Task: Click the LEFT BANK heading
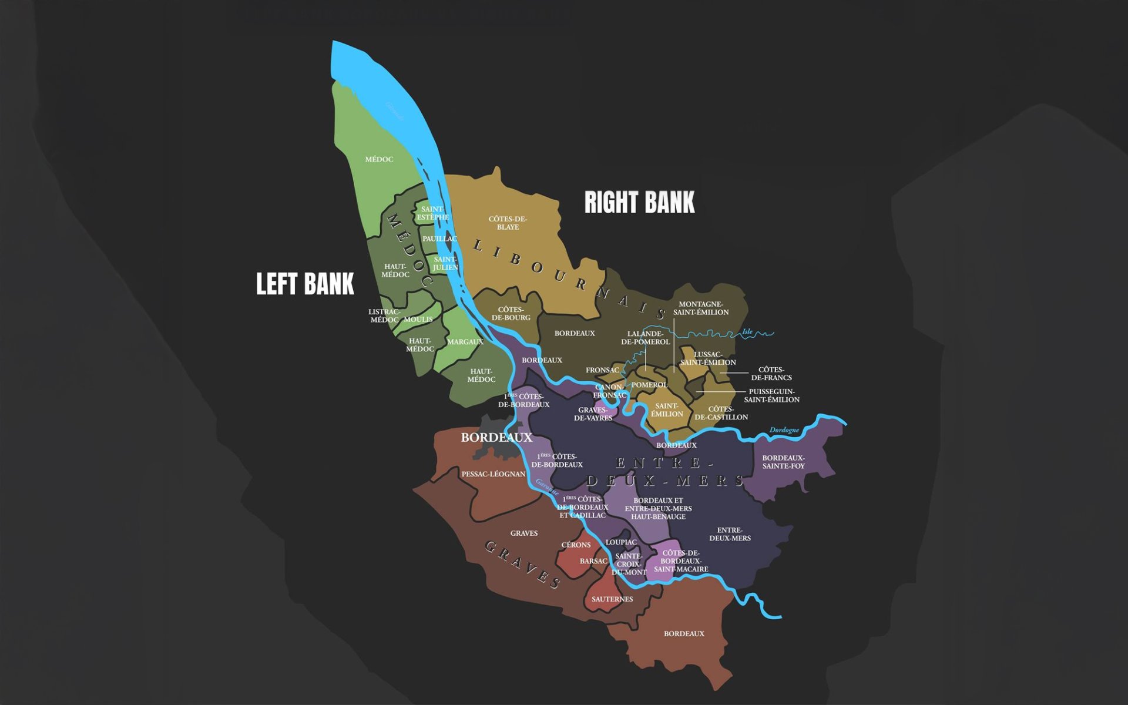point(305,284)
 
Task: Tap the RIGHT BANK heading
point(639,202)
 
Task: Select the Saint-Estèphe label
point(433,213)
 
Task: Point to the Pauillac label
point(439,239)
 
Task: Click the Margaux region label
point(465,342)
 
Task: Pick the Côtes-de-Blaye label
point(508,223)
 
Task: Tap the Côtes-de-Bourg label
point(511,314)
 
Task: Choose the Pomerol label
point(649,385)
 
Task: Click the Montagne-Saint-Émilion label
point(701,308)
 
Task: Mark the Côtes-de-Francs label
point(771,374)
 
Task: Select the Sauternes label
point(612,599)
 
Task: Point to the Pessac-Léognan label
point(493,474)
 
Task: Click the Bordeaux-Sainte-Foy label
point(784,462)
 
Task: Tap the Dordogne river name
point(784,430)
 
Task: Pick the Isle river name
point(747,332)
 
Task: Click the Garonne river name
point(547,487)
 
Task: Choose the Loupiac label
point(621,542)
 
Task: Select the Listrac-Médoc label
point(384,316)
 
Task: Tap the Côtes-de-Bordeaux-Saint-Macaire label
point(681,561)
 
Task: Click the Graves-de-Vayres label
point(593,414)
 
